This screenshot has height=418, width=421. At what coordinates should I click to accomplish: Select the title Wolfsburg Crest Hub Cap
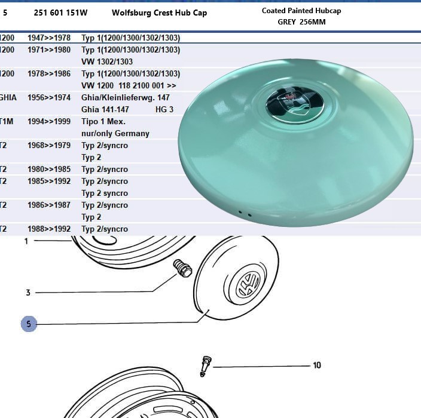[x=159, y=13]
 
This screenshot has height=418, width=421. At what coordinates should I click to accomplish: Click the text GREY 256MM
[x=301, y=22]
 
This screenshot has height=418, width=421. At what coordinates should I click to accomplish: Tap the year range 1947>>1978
[x=49, y=38]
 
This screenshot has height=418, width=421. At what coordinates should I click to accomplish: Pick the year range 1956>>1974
[x=49, y=97]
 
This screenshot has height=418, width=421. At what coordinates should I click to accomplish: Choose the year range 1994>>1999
[x=49, y=121]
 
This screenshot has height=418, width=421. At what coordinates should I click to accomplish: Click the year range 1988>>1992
[x=49, y=229]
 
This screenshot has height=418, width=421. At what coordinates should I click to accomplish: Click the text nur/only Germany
[x=115, y=133]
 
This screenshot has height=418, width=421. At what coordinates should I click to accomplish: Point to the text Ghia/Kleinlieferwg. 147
[x=126, y=97]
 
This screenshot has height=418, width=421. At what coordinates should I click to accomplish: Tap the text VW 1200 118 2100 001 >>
[x=129, y=85]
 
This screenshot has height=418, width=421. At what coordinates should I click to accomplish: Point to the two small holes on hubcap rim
[x=244, y=213]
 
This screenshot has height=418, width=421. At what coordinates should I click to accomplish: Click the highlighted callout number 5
[x=29, y=324]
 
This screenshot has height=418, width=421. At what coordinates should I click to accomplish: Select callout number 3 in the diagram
[x=28, y=293]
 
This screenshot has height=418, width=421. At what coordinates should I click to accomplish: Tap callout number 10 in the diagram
[x=316, y=365]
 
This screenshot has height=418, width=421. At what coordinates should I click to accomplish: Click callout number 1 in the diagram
[x=26, y=241]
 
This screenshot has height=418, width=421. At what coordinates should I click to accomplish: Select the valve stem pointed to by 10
[x=205, y=364]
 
